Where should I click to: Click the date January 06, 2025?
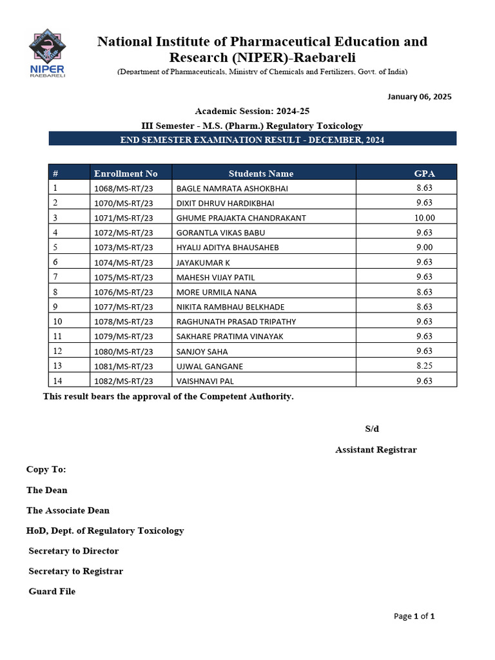(x=419, y=97)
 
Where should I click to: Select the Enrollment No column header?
(x=126, y=173)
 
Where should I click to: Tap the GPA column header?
(x=424, y=173)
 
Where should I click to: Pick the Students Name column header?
(x=261, y=173)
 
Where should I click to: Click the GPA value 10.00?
(x=424, y=218)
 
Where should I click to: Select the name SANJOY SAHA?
(x=202, y=352)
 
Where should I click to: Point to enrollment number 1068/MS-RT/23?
(x=124, y=188)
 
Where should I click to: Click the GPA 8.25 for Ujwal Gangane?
(x=424, y=366)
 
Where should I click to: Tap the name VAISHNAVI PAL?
(x=205, y=381)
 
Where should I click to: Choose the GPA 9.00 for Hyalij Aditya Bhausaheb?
(x=424, y=247)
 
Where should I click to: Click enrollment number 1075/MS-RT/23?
(x=124, y=277)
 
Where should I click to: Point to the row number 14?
(x=58, y=380)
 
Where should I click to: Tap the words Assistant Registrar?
(x=376, y=450)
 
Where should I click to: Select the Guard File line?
(x=52, y=591)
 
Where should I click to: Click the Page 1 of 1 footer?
(x=414, y=616)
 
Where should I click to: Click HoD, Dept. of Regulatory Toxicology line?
(x=105, y=530)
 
